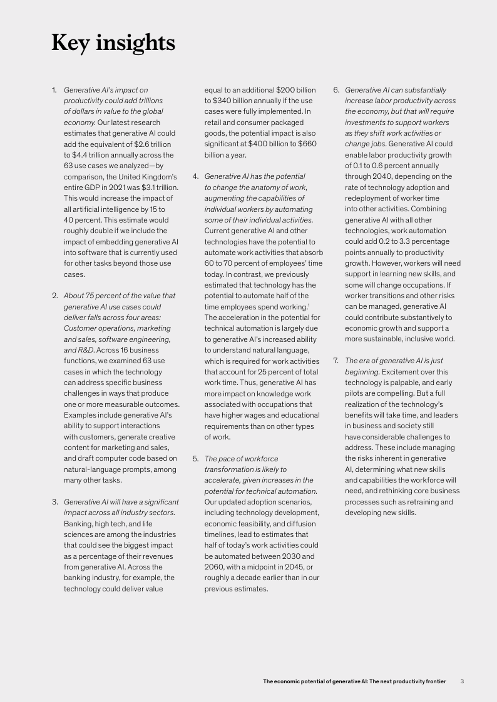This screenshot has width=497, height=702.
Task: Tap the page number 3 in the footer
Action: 462,681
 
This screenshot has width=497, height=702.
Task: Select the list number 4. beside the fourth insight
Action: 195,176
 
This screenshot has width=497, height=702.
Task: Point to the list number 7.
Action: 336,361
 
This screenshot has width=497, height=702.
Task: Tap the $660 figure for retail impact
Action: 305,144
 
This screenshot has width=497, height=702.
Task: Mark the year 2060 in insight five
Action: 214,566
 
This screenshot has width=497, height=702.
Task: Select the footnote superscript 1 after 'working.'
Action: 309,304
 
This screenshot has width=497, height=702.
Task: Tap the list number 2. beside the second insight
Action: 54,296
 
